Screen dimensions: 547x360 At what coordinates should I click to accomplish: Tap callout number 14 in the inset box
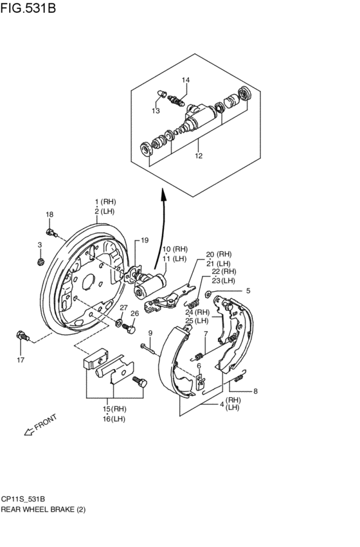(x=185, y=80)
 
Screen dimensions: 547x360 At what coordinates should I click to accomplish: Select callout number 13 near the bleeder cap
(x=156, y=111)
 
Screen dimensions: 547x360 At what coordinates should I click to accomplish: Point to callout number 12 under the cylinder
(x=199, y=156)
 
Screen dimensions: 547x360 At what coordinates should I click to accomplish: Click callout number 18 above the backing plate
(x=50, y=214)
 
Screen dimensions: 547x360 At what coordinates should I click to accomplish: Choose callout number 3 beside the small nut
(x=39, y=245)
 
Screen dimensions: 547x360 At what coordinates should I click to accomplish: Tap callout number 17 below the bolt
(x=21, y=360)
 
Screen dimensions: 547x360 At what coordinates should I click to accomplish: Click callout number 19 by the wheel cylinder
(x=145, y=240)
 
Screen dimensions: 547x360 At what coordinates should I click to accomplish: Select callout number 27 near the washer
(x=123, y=307)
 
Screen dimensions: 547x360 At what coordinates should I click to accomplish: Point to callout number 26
(x=135, y=314)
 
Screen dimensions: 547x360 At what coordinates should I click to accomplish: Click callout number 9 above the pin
(x=150, y=333)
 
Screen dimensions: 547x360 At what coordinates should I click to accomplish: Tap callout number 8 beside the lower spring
(x=255, y=391)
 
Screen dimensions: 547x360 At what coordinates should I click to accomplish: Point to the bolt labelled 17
(x=23, y=336)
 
